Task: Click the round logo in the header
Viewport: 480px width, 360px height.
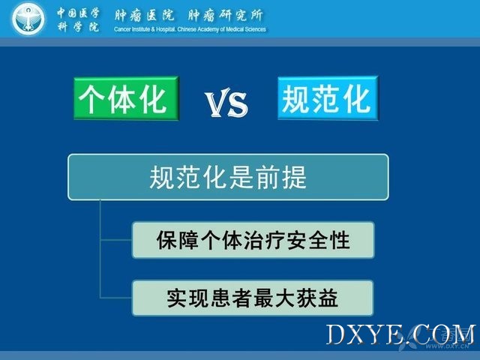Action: [x=28, y=19]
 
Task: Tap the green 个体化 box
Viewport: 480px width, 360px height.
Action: [x=126, y=98]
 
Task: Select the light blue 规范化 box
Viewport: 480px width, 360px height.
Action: [x=328, y=98]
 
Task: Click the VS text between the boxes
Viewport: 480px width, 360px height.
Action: [x=226, y=103]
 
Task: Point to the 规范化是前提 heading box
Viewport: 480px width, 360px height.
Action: [x=228, y=177]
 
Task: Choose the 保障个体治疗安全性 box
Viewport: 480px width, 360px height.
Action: [x=253, y=240]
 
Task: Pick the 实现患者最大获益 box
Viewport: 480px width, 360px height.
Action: [x=253, y=298]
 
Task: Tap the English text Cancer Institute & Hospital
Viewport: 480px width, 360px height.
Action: [x=145, y=29]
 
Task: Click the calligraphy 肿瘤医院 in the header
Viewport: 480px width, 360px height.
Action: [x=144, y=15]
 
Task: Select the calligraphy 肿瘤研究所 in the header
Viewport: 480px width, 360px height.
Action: [x=225, y=15]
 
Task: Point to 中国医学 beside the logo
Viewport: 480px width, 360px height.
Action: [x=78, y=13]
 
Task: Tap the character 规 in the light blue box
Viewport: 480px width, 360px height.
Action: [x=295, y=98]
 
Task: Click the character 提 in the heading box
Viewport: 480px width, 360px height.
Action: [x=294, y=177]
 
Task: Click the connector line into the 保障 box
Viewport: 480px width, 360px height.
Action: [x=116, y=240]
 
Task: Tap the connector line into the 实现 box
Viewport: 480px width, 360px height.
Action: [x=116, y=298]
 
